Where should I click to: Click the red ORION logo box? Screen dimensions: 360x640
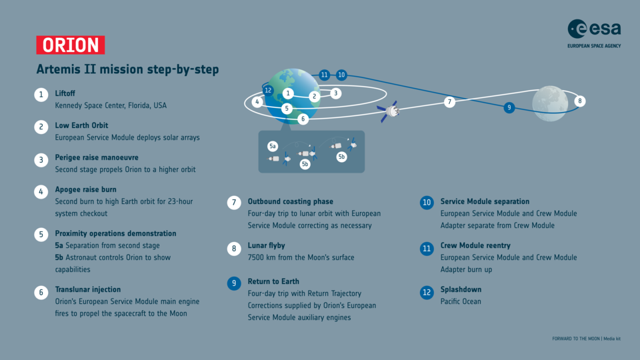(x=70, y=45)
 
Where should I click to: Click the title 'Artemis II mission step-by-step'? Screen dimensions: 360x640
(x=127, y=69)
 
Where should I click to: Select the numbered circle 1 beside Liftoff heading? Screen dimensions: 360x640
(x=41, y=94)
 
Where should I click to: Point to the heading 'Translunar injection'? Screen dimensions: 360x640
(x=87, y=289)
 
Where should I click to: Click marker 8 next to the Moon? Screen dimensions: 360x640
(x=580, y=101)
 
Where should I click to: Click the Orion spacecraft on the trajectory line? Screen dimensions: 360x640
(x=388, y=111)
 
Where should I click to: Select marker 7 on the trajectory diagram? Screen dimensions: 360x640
(x=450, y=102)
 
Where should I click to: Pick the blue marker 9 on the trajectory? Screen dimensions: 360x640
(x=509, y=107)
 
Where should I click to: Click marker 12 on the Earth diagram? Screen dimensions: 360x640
(x=268, y=90)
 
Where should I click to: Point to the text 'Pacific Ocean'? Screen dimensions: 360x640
(x=461, y=301)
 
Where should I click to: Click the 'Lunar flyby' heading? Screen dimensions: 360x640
(x=267, y=246)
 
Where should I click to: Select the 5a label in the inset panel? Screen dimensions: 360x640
(x=273, y=145)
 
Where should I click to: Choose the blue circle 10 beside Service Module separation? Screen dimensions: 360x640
(x=427, y=203)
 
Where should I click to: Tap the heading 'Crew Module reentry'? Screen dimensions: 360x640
(x=475, y=246)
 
